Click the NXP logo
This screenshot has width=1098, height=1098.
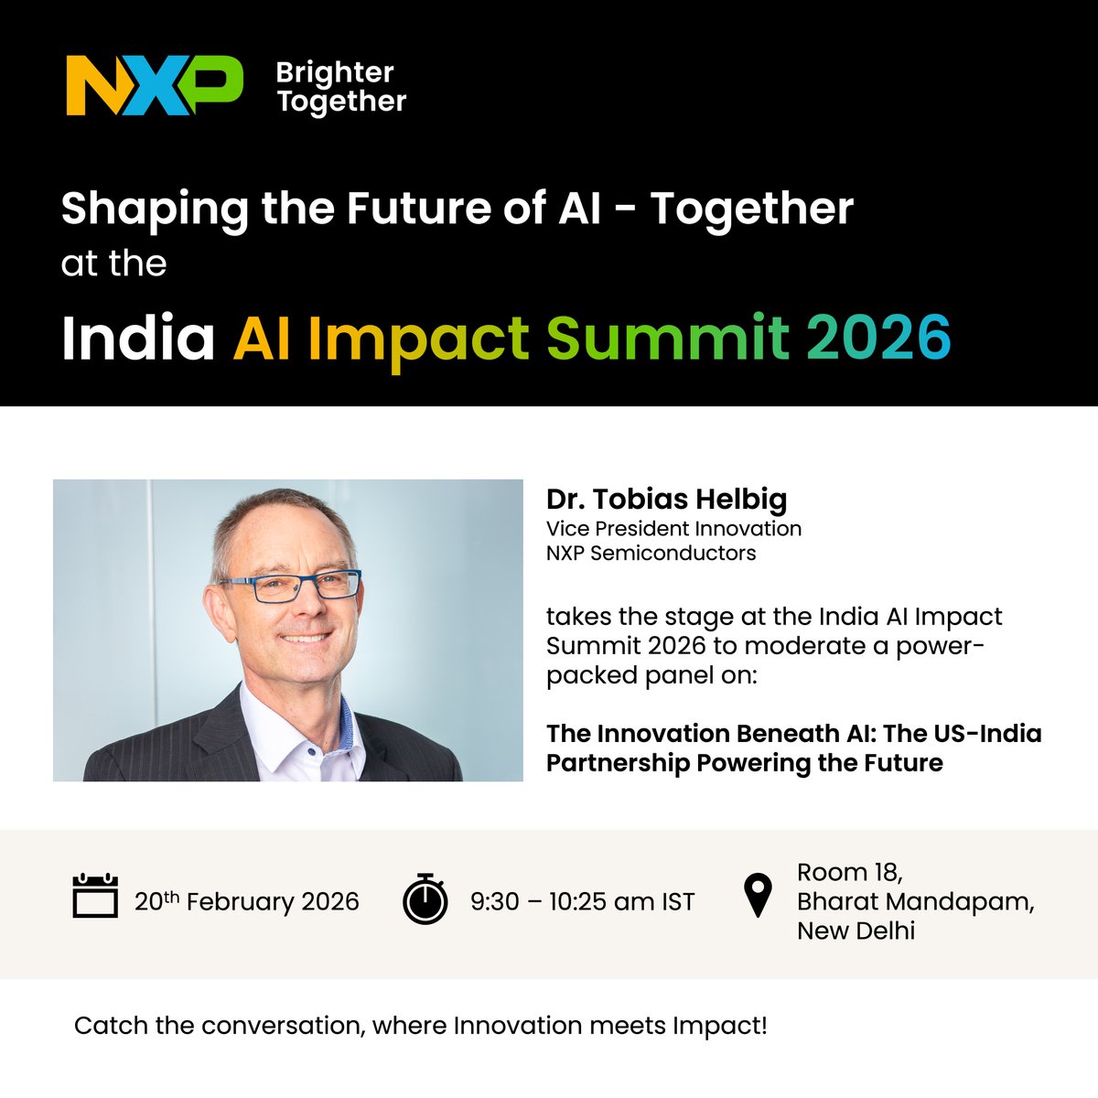pos(154,85)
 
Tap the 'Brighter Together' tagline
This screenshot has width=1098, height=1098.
pos(341,87)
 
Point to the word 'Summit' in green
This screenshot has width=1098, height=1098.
pos(668,338)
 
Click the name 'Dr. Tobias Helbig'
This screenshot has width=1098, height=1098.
pos(666,500)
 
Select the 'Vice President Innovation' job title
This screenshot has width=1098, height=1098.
pos(673,529)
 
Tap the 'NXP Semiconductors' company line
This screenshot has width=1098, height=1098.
pos(651,553)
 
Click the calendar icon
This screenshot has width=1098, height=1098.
pos(95,897)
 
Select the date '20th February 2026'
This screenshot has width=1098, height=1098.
pos(247,902)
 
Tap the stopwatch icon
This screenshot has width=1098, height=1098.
pos(425,899)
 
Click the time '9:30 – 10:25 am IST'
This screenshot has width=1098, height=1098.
pos(583,902)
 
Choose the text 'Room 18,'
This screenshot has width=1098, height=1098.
pos(850,872)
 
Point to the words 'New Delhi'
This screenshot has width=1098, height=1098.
pos(856,931)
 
